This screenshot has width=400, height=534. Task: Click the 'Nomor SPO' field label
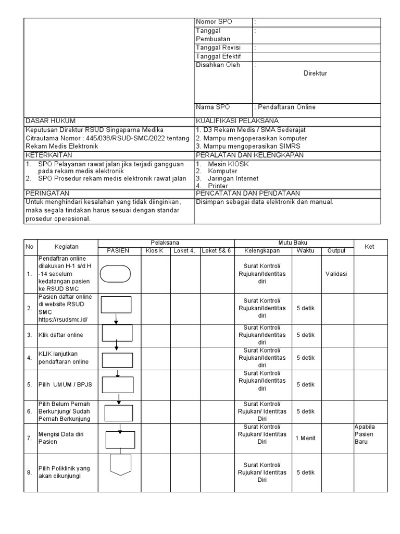(214, 21)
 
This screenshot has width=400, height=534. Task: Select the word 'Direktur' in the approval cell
(315, 74)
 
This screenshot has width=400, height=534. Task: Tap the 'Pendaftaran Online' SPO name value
(286, 107)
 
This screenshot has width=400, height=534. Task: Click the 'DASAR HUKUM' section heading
(50, 120)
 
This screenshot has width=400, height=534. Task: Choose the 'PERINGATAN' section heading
(47, 193)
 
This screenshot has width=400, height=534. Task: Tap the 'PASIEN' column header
(118, 251)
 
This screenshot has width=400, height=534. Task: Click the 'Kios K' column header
(155, 251)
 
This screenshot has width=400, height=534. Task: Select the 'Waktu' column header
(305, 251)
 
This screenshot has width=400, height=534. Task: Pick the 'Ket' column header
(369, 247)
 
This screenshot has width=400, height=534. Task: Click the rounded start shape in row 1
(115, 273)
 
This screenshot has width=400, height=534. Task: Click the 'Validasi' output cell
(336, 273)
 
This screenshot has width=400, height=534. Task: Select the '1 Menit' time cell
(305, 438)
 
